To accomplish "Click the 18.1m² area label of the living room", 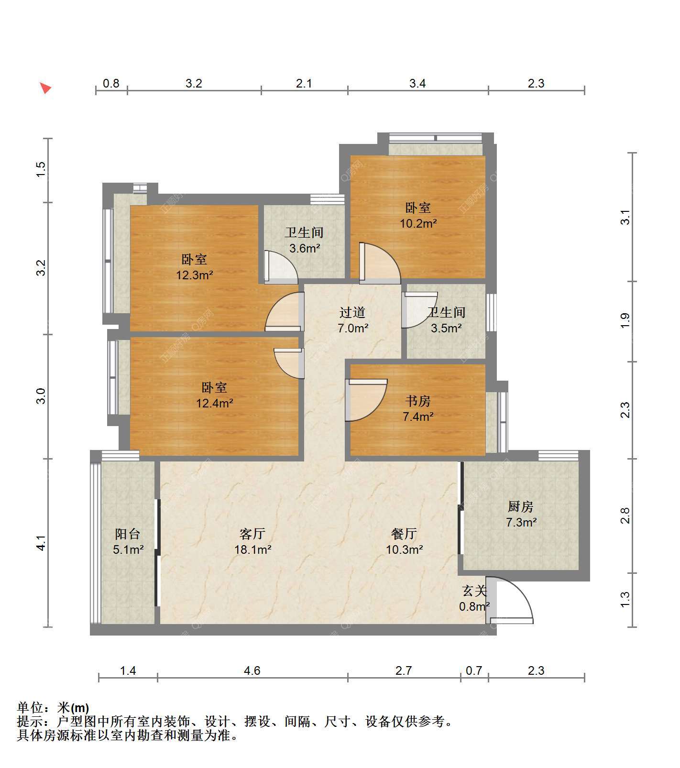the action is coord(252,549).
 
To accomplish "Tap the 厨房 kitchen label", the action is coord(520,506).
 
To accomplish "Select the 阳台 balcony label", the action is coord(128,534).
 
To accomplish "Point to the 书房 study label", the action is coord(418,401).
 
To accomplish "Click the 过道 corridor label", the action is coord(352,312).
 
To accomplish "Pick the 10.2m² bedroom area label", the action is coord(418,223).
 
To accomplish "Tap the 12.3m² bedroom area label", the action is coord(195,275).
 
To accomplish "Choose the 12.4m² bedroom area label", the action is coord(215,403).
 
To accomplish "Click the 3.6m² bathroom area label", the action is coord(305,249).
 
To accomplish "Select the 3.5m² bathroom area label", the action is coord(446,328).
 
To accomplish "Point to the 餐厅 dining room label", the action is coord(404,534).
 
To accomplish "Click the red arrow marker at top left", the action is coord(45,88).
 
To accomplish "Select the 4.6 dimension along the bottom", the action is coord(252,670).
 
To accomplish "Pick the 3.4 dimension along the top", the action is coord(417,83).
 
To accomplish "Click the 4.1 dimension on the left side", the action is coord(41,544).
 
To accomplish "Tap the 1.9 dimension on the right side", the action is coord(625,321).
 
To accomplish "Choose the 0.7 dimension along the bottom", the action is coord(474,670).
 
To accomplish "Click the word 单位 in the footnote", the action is coord(30,707).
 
